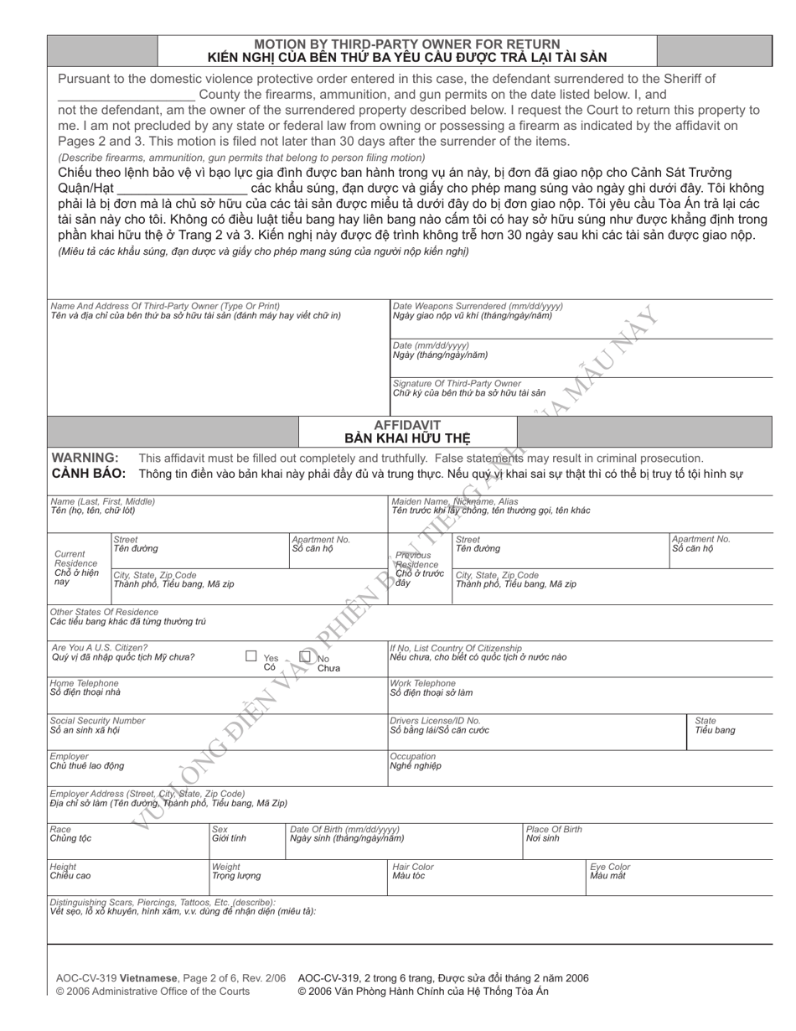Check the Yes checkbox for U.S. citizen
point(251,656)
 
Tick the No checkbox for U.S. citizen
point(306,657)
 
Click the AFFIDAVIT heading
point(407,425)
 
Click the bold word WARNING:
point(85,458)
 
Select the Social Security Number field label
point(97,721)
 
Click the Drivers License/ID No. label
point(436,721)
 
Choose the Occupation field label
point(413,756)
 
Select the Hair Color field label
point(412,867)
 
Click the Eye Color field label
point(610,867)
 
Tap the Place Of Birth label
point(554,829)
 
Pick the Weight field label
point(226,867)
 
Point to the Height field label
point(64,867)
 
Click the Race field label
point(60,829)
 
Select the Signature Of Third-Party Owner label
point(457,383)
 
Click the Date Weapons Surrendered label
point(478,307)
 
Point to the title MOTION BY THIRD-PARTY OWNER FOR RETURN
point(407,44)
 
